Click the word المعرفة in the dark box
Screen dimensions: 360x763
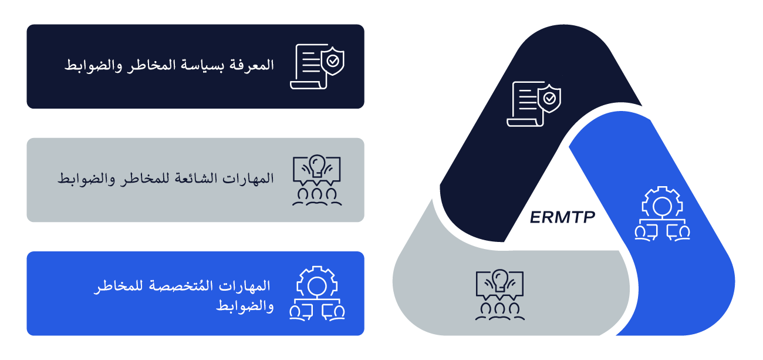click(252, 65)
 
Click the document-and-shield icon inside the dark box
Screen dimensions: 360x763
click(317, 66)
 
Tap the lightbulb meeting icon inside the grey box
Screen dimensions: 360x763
click(317, 180)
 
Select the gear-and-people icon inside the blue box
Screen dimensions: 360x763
click(317, 293)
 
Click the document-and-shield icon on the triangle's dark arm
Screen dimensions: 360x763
click(534, 104)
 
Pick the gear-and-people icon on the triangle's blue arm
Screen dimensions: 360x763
click(662, 213)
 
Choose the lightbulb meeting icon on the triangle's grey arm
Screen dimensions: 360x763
click(499, 294)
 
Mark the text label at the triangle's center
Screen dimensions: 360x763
click(562, 217)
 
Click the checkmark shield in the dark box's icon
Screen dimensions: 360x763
click(333, 60)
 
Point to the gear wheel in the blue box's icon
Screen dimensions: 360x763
click(317, 282)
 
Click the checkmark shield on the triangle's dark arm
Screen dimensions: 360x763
click(550, 97)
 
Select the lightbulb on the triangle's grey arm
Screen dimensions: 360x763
click(499, 278)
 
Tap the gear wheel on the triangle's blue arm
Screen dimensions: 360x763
click(662, 203)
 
